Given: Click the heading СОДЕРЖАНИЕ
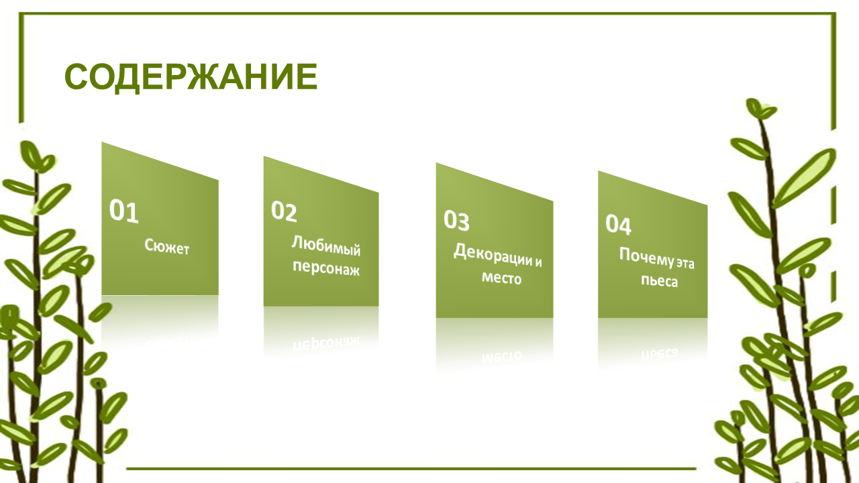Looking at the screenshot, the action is [x=191, y=76].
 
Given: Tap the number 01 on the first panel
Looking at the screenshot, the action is [x=123, y=211].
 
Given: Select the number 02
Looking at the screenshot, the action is [x=284, y=211].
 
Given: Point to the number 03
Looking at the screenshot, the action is [x=456, y=221].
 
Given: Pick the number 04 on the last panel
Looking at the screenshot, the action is [x=618, y=225].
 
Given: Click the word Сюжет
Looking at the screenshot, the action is [x=167, y=247].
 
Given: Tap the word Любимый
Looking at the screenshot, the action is [x=326, y=246].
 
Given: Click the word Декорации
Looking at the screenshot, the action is [x=493, y=254].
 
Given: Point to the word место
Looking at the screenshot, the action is [x=501, y=278].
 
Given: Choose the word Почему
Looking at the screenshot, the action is [x=646, y=257].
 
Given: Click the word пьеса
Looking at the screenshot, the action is [x=659, y=281].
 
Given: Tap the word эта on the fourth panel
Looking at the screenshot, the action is [x=685, y=264].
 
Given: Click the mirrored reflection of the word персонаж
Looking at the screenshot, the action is [x=326, y=343].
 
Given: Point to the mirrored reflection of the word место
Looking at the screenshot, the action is [x=501, y=356].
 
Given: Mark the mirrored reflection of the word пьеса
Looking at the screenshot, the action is [x=659, y=353].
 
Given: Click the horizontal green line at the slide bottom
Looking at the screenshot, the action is [x=411, y=468].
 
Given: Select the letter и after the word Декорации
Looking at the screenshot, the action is [x=538, y=262].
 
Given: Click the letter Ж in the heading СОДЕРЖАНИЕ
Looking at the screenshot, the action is [x=203, y=76].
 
